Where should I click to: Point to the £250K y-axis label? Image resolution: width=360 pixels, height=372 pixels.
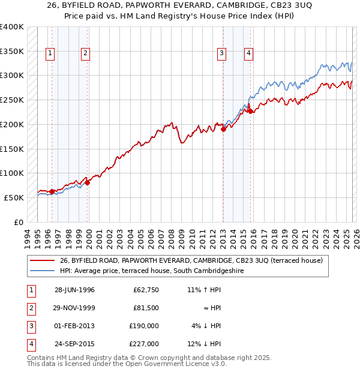pos(12,100)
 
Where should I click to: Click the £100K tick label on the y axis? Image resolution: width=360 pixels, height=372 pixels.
pos(12,173)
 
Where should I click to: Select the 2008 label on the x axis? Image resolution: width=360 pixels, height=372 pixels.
pos(172,238)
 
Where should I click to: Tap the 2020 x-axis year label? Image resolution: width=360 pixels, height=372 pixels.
pos(294,238)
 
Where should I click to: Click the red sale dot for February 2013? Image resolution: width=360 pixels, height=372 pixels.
pos(223,129)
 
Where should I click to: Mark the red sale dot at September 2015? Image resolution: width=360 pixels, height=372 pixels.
pos(250,110)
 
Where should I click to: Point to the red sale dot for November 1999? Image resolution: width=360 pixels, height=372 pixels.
pos(88,182)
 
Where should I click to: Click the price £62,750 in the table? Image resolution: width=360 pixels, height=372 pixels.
pos(146,290)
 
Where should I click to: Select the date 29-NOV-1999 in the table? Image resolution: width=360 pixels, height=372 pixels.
pos(74,308)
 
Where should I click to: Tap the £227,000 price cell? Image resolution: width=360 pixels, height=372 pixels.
pos(143,344)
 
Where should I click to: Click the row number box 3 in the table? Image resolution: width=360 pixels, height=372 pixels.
pos(31,326)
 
